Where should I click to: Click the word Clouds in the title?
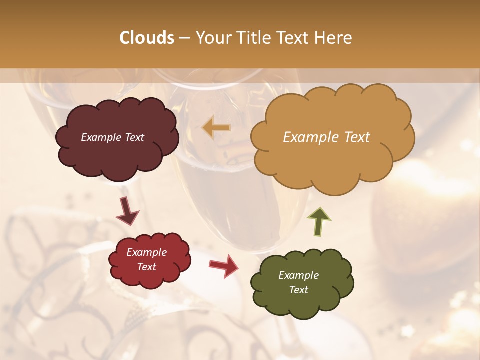(x=147, y=38)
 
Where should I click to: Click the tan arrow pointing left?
(x=216, y=127)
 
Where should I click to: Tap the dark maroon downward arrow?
(x=127, y=211)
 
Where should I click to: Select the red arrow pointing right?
(x=224, y=265)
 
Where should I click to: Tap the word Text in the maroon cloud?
(x=134, y=137)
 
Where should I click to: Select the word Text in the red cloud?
(x=147, y=267)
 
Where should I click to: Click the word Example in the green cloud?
(x=298, y=275)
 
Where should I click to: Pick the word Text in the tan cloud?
(x=356, y=137)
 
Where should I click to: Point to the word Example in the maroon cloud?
(x=100, y=137)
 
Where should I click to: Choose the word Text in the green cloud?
(x=298, y=290)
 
